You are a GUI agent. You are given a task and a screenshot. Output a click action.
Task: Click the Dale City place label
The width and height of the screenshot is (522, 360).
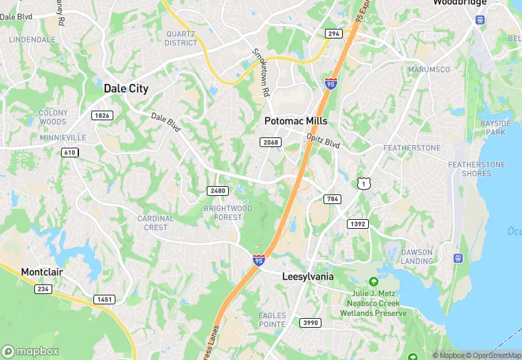(x=126, y=89)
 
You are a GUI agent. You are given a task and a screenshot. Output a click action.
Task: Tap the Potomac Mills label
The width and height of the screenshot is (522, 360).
(x=296, y=121)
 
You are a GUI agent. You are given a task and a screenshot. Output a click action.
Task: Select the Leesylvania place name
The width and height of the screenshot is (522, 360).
(x=308, y=276)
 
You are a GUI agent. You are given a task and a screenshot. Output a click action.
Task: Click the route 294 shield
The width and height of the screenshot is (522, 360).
(x=334, y=34)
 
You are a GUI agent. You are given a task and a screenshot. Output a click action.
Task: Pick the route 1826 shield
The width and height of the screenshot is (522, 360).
(x=102, y=115)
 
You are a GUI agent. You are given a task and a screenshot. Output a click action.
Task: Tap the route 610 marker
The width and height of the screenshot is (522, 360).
(x=69, y=152)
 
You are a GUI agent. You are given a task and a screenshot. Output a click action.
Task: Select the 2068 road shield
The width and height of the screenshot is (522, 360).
(x=271, y=142)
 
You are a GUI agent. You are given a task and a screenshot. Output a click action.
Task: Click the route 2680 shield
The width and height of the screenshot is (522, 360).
(x=217, y=190)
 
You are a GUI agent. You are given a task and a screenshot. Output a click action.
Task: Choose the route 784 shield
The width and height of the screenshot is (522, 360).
(x=332, y=199)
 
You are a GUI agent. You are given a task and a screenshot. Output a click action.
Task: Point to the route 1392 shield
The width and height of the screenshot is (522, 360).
(x=358, y=224)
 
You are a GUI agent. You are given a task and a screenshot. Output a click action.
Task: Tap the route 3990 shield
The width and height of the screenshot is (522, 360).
(x=310, y=322)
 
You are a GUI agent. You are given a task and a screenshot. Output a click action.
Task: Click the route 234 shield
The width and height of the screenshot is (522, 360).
(x=43, y=289)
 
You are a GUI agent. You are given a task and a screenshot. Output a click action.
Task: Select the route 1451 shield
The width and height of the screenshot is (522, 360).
(x=104, y=299)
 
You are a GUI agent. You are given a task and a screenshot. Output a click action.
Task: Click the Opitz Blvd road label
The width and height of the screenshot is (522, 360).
(x=324, y=142)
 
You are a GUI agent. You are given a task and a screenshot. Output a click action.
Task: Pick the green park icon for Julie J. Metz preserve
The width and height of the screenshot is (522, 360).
(x=373, y=282)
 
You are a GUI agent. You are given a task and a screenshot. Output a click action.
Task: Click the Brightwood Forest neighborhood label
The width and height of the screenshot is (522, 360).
(x=228, y=212)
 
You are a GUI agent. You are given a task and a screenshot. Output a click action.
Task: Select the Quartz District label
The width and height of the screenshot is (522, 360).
(x=181, y=38)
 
